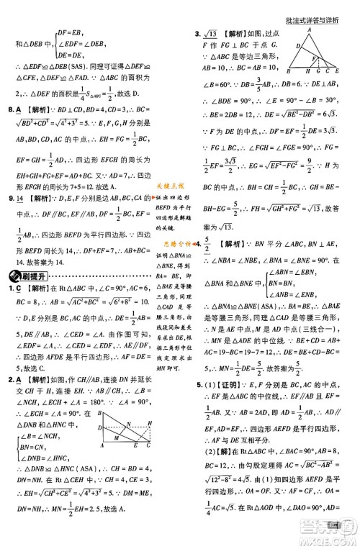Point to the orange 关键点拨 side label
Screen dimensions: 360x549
pyautogui.click(x=170, y=186)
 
